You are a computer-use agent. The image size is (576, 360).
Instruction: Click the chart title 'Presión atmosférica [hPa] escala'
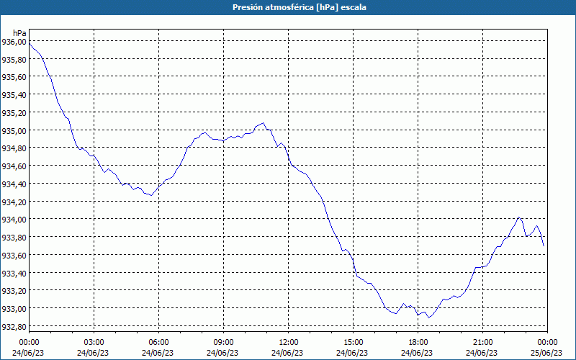pos(288,7)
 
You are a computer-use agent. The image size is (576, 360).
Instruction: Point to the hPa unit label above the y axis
pos(19,33)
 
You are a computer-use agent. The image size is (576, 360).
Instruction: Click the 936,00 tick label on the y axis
pos(14,42)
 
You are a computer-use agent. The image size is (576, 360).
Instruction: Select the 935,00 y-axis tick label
pos(14,131)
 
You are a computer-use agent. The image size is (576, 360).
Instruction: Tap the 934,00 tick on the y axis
pos(14,220)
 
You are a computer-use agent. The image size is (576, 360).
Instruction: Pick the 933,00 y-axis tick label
pos(14,309)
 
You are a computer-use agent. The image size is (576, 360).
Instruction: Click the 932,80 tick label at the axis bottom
pos(14,327)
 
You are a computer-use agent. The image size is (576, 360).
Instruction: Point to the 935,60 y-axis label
pos(14,78)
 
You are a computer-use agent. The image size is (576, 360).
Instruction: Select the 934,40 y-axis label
pos(14,184)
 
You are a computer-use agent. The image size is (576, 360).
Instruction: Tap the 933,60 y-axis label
pos(14,256)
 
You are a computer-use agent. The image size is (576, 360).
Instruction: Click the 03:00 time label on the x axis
pos(94,342)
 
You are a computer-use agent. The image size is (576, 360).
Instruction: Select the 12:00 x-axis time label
pos(288,342)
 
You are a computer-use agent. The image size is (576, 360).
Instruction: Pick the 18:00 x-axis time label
pos(418,342)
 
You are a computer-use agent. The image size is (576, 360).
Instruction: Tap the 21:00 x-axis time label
pos(482,342)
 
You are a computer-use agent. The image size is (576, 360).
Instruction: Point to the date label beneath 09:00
pos(223,352)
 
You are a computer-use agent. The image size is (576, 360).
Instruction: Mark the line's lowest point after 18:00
pos(428,318)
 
